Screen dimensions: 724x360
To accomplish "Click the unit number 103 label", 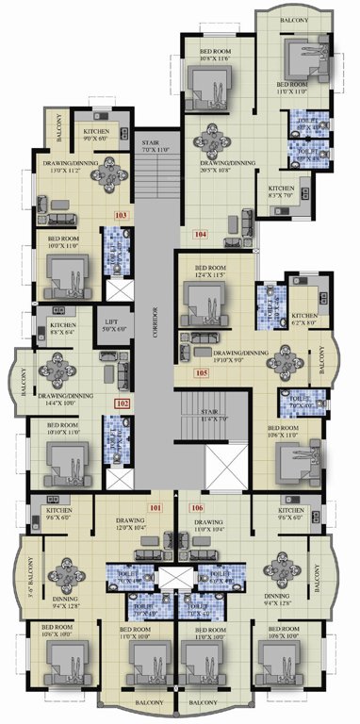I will tap(120, 215).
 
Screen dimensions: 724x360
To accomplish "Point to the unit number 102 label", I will tap(121, 403).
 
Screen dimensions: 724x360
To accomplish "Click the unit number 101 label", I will tap(155, 509).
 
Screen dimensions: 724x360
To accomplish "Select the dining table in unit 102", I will tap(62, 364).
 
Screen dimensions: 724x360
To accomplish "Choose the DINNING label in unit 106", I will tap(276, 596).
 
